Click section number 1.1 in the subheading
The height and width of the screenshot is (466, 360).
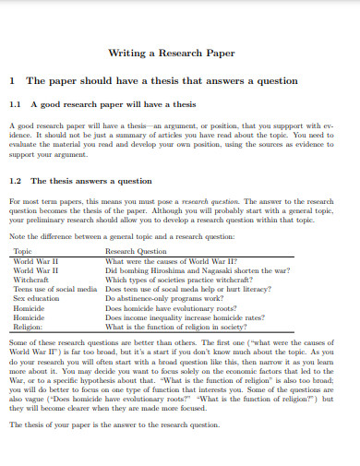[15, 104]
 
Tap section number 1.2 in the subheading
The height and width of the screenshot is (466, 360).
[15, 181]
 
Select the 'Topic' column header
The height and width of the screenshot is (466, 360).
[23, 251]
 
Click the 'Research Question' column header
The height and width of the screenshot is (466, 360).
[136, 251]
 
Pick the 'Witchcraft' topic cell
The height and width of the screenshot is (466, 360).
[31, 279]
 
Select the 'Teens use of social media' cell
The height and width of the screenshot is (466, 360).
[54, 289]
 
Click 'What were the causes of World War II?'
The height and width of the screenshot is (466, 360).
[172, 260]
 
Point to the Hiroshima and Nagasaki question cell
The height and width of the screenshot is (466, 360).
[198, 269]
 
